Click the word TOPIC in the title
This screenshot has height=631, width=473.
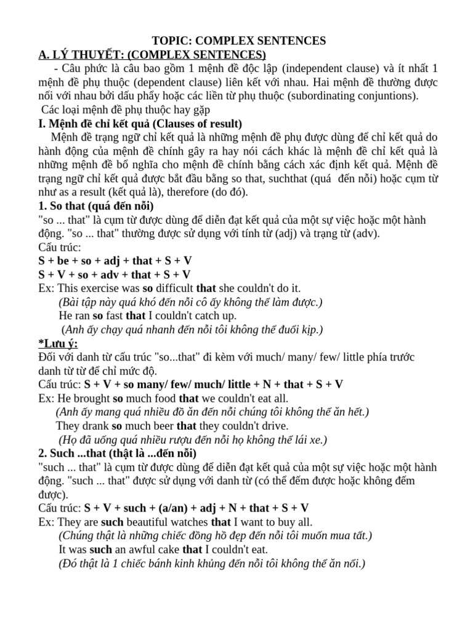point(169,41)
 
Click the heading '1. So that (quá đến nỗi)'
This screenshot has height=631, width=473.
point(96,206)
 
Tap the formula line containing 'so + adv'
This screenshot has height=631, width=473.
point(115,274)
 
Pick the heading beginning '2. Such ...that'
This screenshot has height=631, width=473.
point(118,453)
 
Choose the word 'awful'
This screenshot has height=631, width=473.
point(147,548)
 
